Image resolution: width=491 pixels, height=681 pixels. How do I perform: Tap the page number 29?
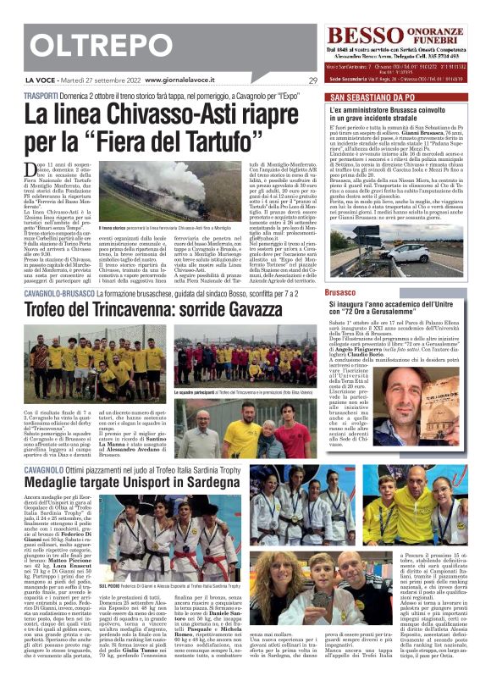point(312,80)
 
